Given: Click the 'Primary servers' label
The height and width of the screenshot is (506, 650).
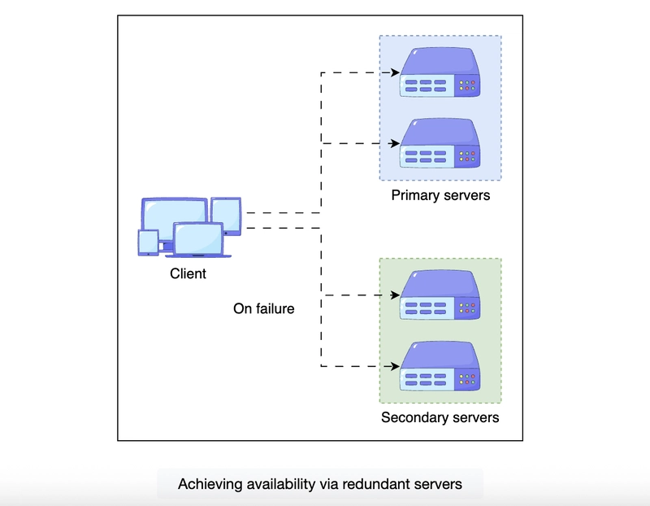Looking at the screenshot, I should click(x=440, y=195).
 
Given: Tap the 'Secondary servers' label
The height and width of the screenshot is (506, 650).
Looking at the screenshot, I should click(x=440, y=418).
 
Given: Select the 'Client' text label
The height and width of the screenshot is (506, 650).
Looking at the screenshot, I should click(x=188, y=274).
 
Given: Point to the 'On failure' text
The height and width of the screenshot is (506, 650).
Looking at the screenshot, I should click(x=264, y=309).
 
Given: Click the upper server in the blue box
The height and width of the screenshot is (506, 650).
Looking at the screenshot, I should click(x=440, y=73).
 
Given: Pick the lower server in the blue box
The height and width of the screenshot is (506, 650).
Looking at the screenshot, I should click(x=440, y=145).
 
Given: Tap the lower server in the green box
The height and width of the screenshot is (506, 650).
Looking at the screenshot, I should click(x=440, y=367).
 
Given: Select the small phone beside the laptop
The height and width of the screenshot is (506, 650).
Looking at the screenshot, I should click(x=148, y=242).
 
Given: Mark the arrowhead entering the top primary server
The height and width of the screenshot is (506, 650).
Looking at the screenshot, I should click(x=395, y=72).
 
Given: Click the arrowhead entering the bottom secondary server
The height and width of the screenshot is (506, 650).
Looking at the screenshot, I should click(x=395, y=367).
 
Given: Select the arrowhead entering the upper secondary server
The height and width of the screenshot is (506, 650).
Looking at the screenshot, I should click(x=395, y=295).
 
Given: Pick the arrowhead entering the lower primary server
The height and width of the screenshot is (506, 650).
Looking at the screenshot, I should click(x=395, y=144).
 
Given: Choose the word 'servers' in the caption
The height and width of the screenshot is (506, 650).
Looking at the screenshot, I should click(x=440, y=484).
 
